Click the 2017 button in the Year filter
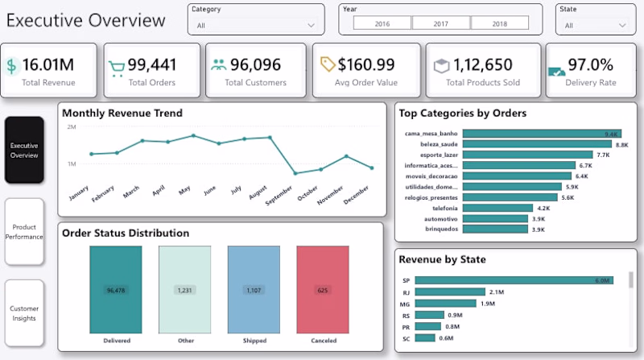coord(440,24)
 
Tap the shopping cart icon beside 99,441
coord(117,67)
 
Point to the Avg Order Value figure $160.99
coord(366,64)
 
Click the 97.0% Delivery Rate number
coord(590,64)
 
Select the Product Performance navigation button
coord(24,232)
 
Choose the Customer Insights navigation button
coord(24,313)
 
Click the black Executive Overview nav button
coord(24,150)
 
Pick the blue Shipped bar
coord(254,289)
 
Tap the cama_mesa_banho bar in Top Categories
coord(530,134)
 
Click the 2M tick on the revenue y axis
coord(72,127)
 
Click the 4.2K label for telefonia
coord(543,208)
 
